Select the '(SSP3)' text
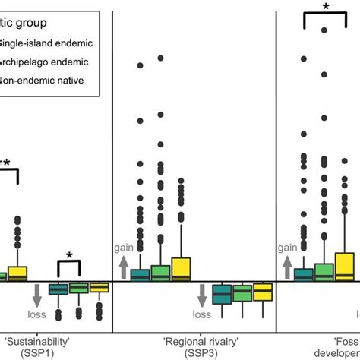(194, 352)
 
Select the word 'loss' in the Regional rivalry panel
(202, 314)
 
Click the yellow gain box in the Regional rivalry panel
(181, 270)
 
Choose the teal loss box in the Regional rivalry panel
(222, 293)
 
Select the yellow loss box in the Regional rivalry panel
(263, 291)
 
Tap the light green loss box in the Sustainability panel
(78, 288)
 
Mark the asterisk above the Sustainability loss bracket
(69, 257)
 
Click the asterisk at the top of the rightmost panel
(326, 7)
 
